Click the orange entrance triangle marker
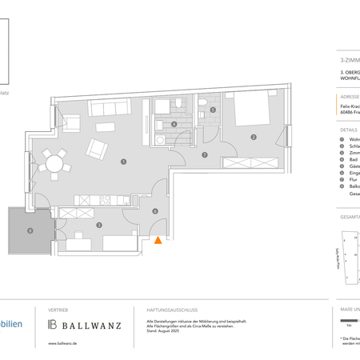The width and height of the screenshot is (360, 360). click(158, 238)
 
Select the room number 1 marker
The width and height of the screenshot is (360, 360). click(123, 161)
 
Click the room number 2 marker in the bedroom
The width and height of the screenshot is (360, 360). click(254, 137)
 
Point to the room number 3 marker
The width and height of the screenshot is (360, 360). click(98, 225)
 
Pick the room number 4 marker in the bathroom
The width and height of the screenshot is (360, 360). click(174, 124)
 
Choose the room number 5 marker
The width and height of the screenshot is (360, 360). click(213, 110)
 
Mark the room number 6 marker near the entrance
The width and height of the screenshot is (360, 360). click(155, 211)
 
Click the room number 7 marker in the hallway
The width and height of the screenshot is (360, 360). click(205, 154)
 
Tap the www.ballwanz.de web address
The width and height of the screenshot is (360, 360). click(62, 343)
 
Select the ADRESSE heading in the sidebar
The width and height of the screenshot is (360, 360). click(349, 96)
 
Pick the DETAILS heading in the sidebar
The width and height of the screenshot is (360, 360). click(348, 128)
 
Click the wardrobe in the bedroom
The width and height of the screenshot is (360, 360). click(251, 163)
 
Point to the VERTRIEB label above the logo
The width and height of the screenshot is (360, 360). click(58, 309)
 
